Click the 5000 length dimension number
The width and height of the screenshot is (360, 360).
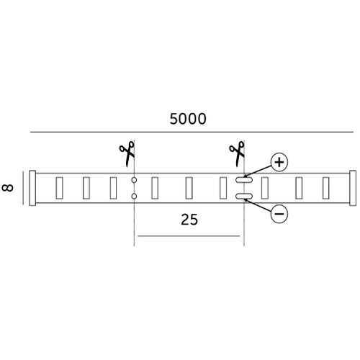[x=188, y=119]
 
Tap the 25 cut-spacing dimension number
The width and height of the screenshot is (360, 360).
[x=189, y=220]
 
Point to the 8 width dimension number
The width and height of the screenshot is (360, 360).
[x=8, y=187]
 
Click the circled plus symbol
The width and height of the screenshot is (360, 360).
[x=279, y=162]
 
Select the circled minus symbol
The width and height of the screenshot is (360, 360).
[x=279, y=214]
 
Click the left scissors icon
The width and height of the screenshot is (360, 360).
[x=127, y=154]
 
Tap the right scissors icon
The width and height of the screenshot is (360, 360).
[x=237, y=154]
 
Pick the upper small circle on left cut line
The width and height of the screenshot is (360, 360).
[x=134, y=180]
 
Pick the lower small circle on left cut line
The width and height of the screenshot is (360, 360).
[x=134, y=197]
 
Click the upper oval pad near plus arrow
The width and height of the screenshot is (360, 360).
[x=244, y=180]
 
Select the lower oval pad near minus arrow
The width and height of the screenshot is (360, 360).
[x=244, y=197]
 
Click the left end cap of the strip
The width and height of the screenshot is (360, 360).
[x=32, y=188]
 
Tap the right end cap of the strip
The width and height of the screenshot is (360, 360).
[x=353, y=188]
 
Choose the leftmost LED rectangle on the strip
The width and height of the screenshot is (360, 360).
[x=59, y=188]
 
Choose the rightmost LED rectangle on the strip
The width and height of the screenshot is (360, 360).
[x=325, y=188]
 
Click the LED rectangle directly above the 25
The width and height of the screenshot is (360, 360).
[x=189, y=188]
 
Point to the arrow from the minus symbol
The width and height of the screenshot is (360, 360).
[x=258, y=205]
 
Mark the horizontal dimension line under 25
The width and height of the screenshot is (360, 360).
[x=189, y=236]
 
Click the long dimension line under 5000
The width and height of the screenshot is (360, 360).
[x=192, y=132]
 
